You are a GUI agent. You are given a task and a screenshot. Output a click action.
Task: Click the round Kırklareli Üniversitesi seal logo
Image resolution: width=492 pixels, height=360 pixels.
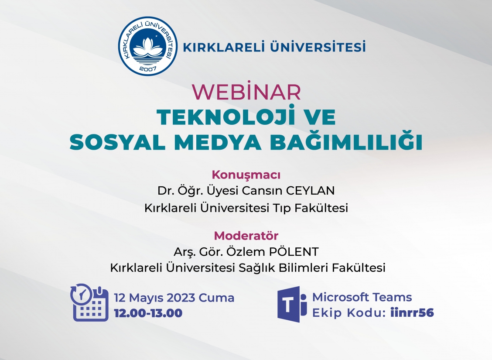tap(148, 46)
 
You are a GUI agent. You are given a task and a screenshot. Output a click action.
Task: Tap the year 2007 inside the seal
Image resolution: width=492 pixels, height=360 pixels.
tap(148, 69)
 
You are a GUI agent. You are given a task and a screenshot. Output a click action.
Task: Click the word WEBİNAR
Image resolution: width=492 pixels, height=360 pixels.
tap(246, 92)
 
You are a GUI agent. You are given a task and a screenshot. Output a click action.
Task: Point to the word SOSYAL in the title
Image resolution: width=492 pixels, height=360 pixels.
tap(118, 142)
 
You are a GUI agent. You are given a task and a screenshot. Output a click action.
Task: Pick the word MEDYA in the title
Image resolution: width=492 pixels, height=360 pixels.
tap(218, 142)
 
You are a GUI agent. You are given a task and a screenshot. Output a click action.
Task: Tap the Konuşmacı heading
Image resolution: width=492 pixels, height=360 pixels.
tap(246, 175)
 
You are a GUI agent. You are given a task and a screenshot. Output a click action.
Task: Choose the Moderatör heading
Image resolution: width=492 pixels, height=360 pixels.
tap(246, 235)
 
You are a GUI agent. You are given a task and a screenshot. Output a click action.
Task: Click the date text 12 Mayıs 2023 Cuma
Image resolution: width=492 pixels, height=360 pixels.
tap(174, 298)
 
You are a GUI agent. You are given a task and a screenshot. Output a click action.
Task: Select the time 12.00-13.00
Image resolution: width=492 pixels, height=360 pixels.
tap(148, 313)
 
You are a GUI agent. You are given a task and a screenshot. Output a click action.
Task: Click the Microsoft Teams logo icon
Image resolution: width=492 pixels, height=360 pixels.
tap(292, 304)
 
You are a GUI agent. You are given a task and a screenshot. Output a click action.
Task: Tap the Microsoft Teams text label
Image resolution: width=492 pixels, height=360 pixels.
tap(362, 297)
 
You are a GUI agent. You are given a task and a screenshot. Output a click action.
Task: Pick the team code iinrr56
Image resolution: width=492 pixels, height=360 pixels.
tap(412, 312)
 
